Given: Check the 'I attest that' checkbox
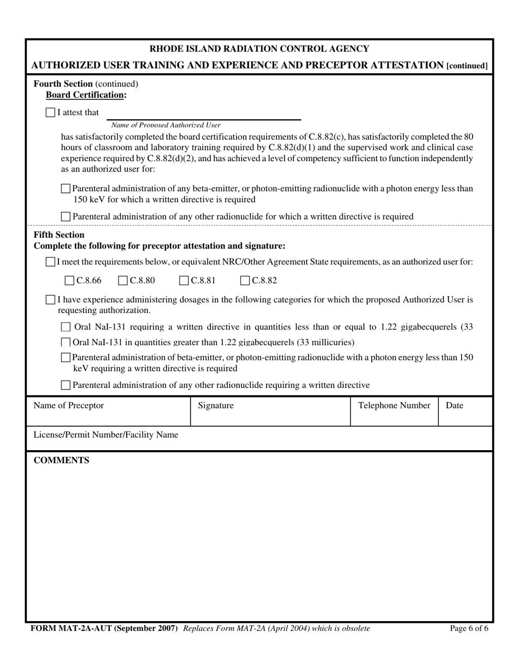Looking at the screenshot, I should pyautogui.click(x=50, y=113).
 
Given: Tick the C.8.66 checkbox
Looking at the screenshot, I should pyautogui.click(x=69, y=281).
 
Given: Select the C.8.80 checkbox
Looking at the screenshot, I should pyautogui.click(x=123, y=281).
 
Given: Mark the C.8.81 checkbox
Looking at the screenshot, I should pyautogui.click(x=184, y=281).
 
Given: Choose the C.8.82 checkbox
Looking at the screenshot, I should pyautogui.click(x=245, y=281).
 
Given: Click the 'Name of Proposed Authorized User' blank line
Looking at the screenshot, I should pyautogui.click(x=203, y=115).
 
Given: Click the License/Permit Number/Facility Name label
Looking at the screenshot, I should pyautogui.click(x=106, y=435).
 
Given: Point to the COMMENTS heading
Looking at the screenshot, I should pyautogui.click(x=62, y=460).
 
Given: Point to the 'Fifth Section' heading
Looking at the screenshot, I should pyautogui.click(x=59, y=235).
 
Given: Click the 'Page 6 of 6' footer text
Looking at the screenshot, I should pyautogui.click(x=469, y=628).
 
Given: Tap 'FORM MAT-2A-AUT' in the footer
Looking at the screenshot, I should pyautogui.click(x=71, y=628).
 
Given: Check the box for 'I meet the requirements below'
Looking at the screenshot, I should pyautogui.click(x=50, y=262).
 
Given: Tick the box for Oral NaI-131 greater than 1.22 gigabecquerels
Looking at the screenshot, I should pyautogui.click(x=66, y=343).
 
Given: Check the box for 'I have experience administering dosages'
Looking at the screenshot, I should pyautogui.click(x=50, y=299).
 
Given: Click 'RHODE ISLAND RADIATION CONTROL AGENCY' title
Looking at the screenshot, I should pyautogui.click(x=259, y=49).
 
